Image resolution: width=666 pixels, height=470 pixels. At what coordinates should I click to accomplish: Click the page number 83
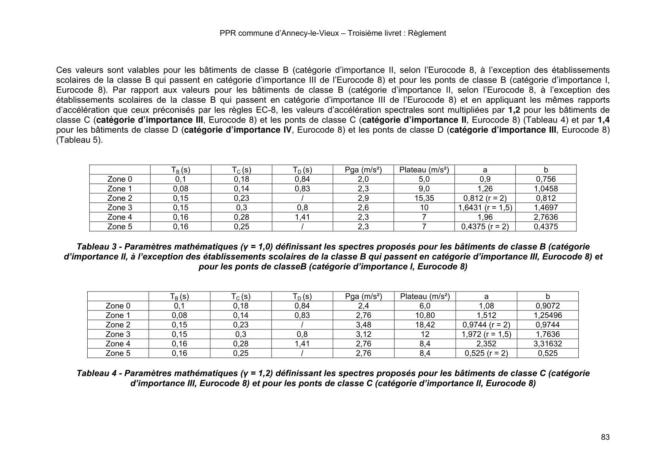(605, 437)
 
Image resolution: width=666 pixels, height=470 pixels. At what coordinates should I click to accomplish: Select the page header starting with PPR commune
(333, 33)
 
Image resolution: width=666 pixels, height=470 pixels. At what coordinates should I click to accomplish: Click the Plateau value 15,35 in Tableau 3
(424, 198)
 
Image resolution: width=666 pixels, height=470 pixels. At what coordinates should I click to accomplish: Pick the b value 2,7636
(546, 217)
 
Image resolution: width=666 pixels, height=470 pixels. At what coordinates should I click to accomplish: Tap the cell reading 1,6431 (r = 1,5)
(485, 208)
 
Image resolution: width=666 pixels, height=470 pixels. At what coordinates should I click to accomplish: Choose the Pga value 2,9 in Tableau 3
(363, 198)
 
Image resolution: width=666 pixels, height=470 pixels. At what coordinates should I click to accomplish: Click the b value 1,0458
(546, 189)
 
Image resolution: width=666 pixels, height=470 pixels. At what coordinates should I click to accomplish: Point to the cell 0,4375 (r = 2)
(485, 227)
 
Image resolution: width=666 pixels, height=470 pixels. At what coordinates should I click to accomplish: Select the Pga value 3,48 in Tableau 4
(363, 325)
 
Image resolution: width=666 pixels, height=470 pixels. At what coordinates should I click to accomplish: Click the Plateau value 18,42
(425, 325)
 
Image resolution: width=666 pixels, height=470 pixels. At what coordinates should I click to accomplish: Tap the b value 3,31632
(548, 344)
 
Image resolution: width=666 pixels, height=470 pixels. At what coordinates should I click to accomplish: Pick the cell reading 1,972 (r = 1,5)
(486, 334)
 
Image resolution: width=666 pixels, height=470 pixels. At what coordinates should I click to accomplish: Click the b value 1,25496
(548, 315)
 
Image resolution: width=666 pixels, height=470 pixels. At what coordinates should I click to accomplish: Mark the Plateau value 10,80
(425, 315)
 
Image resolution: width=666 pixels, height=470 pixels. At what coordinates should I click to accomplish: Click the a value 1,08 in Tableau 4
(486, 306)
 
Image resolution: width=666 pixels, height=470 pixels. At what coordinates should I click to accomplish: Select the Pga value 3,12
(363, 334)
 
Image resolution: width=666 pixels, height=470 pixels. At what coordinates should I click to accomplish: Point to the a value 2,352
(486, 344)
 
